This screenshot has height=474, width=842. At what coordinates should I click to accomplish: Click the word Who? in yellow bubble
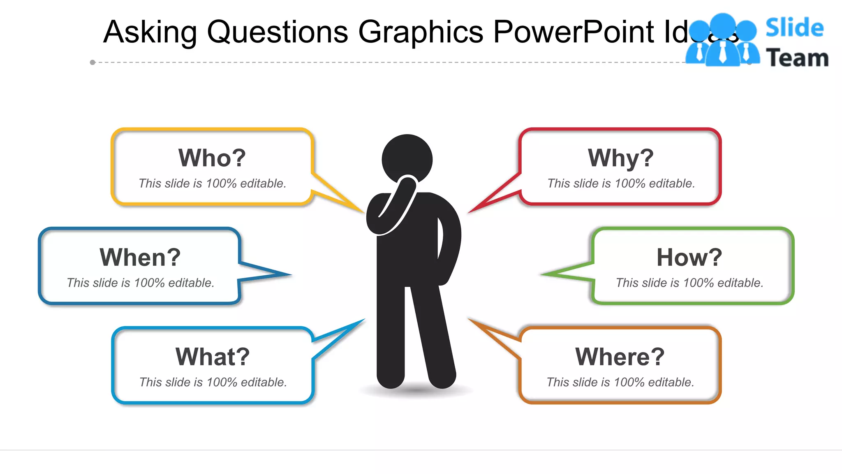click(212, 158)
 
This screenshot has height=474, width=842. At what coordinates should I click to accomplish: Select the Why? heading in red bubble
click(620, 158)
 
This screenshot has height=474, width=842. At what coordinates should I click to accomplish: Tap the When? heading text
click(140, 258)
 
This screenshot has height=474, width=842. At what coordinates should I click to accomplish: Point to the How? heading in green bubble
click(689, 258)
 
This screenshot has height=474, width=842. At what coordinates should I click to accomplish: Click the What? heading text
click(213, 357)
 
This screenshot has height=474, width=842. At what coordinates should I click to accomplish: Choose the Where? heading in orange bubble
click(620, 357)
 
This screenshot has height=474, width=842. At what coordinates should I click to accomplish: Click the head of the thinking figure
click(407, 158)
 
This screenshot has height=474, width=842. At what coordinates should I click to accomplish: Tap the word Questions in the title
click(277, 32)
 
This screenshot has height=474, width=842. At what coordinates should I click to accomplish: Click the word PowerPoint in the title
click(573, 32)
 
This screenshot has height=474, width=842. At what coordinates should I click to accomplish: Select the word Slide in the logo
click(794, 28)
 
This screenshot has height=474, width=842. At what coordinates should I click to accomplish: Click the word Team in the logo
click(797, 58)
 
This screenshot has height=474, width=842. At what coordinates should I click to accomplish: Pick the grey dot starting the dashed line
click(93, 63)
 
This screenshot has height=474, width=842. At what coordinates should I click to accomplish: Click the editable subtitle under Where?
click(620, 382)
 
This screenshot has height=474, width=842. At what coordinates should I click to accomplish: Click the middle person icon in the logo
click(722, 41)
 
